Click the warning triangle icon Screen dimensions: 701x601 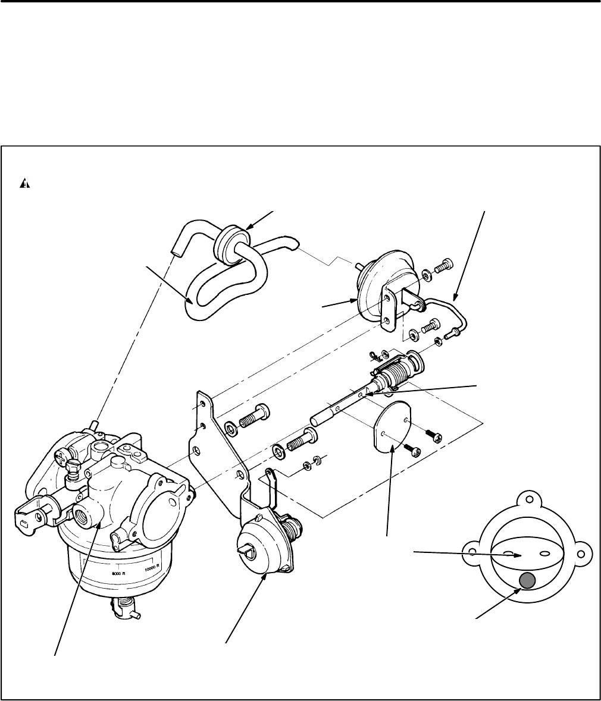[24, 184]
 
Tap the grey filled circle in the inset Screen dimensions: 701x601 [527, 581]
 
